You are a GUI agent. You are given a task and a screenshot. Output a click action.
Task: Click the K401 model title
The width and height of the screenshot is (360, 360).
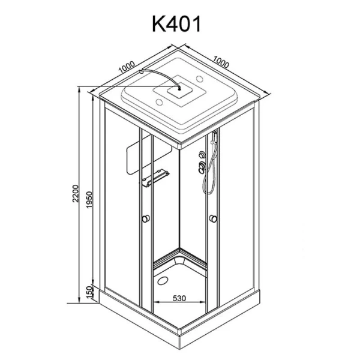[176, 24]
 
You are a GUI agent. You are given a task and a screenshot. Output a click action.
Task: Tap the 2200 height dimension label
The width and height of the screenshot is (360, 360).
[76, 193]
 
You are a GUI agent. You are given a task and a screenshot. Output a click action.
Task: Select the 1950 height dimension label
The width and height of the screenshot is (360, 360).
[89, 199]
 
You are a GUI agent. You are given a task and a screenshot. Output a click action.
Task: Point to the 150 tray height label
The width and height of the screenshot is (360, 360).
[90, 292]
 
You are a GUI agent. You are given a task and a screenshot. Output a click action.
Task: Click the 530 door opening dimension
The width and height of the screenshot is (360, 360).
[179, 298]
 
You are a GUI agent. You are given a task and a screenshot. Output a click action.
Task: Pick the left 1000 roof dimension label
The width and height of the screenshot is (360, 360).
[127, 67]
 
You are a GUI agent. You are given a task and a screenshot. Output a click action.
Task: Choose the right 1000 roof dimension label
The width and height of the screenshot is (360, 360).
[221, 62]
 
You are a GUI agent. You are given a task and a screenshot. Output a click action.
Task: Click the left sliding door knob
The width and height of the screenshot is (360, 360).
[146, 218]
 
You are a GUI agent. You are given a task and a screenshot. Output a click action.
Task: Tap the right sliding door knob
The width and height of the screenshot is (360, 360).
[213, 219]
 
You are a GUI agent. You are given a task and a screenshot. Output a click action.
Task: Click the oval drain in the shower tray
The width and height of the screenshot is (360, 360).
[163, 280]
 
